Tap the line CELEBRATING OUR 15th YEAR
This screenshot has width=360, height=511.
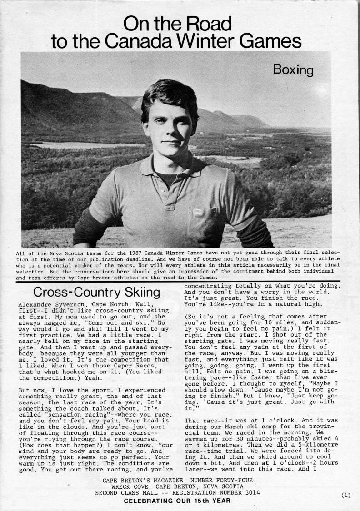pyautogui.click(x=177, y=501)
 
